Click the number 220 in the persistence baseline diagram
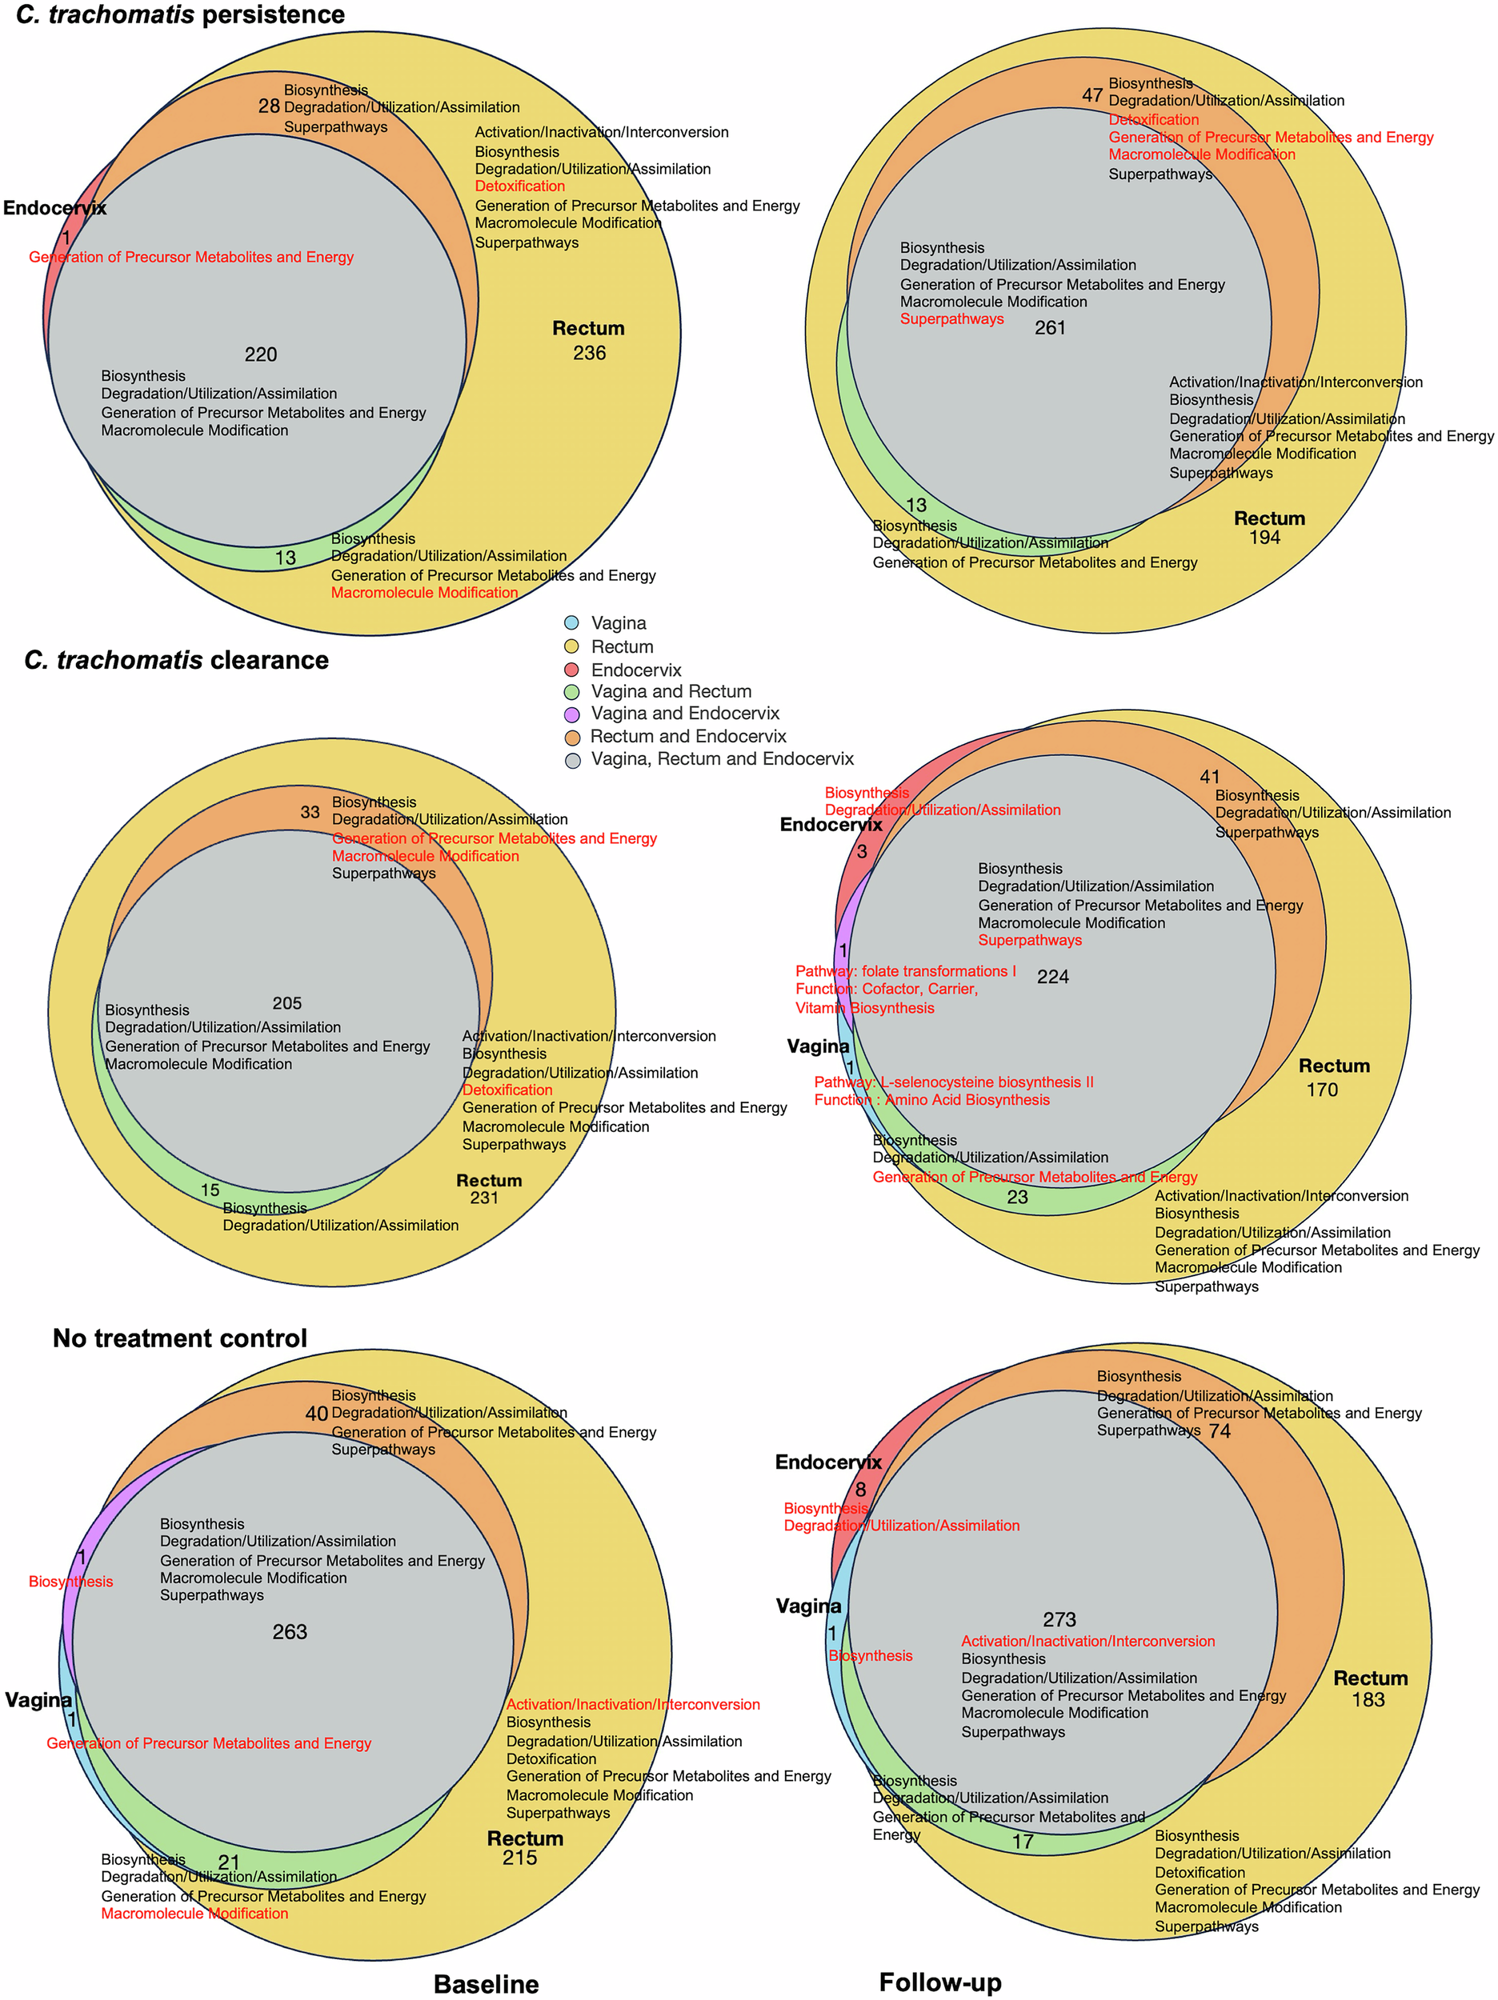coord(261,354)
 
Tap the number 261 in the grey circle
coord(1050,328)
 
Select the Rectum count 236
coord(589,354)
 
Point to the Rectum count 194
coord(1264,538)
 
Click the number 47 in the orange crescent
coord(1091,95)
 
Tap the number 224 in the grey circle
coord(1053,978)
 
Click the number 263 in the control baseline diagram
coord(290,1632)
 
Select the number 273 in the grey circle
coord(1059,1619)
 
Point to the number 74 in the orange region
coord(1220,1431)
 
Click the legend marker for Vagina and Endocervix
coord(571,714)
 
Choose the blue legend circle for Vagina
coord(571,623)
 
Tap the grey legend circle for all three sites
coord(571,760)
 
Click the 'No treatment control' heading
coord(180,1338)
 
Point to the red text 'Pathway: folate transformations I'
coord(906,971)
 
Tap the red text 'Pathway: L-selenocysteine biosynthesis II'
coord(953,1082)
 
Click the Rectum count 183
coord(1368,1700)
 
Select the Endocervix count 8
coord(860,1489)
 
